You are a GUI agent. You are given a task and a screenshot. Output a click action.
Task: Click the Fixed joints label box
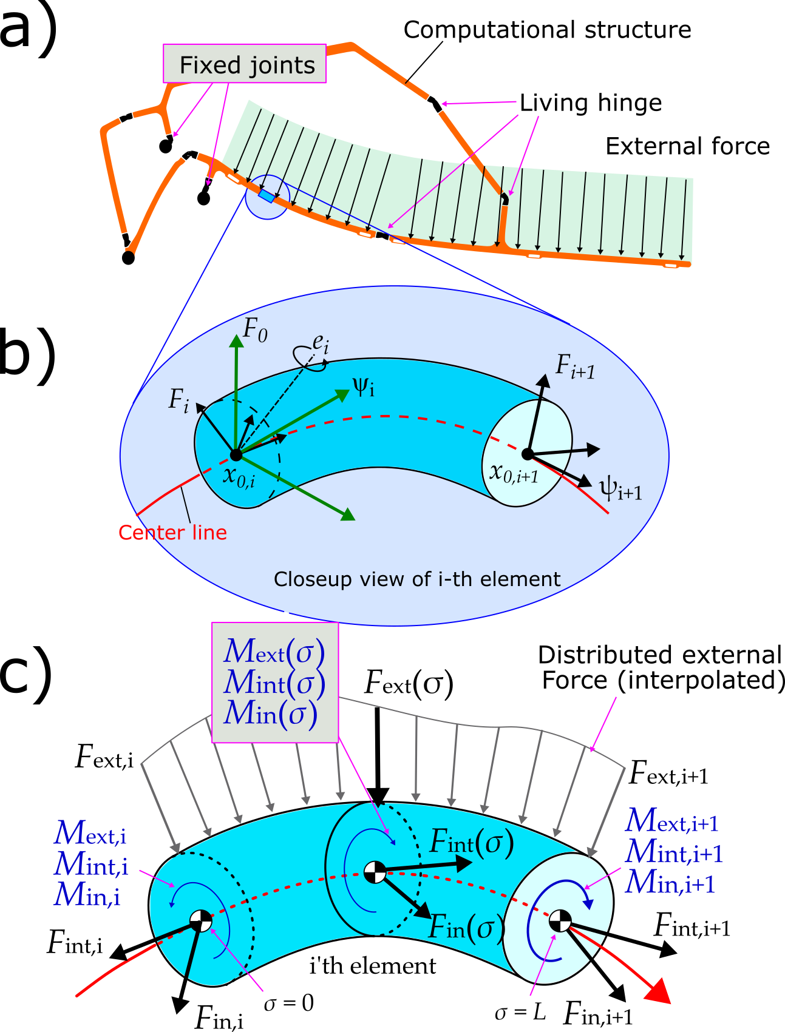coord(245,64)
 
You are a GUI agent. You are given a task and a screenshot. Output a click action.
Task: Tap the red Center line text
coord(172,533)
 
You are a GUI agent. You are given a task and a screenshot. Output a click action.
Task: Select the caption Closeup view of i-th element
coord(416,579)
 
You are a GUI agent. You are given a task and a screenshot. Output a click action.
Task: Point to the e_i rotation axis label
coord(321,344)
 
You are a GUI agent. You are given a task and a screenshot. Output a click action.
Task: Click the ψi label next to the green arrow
coord(363,386)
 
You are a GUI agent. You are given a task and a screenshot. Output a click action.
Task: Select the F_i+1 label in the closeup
coord(575,367)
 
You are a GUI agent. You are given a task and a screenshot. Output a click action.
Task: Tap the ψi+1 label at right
coord(620,488)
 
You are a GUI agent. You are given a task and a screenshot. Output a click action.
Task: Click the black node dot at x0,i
coord(236,454)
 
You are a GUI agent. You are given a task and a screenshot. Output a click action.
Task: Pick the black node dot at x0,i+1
coord(527,453)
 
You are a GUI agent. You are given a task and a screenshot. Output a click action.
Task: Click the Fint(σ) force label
coord(471,843)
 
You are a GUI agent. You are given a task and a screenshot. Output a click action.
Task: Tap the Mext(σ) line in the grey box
coord(274,652)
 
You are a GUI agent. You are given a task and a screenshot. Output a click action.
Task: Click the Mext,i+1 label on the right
coord(672,822)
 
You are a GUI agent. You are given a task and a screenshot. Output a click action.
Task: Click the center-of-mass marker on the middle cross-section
coord(375,872)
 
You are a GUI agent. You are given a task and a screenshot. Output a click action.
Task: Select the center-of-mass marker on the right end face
coord(560,920)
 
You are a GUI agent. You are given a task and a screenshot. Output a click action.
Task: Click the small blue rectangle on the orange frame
coord(266,196)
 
